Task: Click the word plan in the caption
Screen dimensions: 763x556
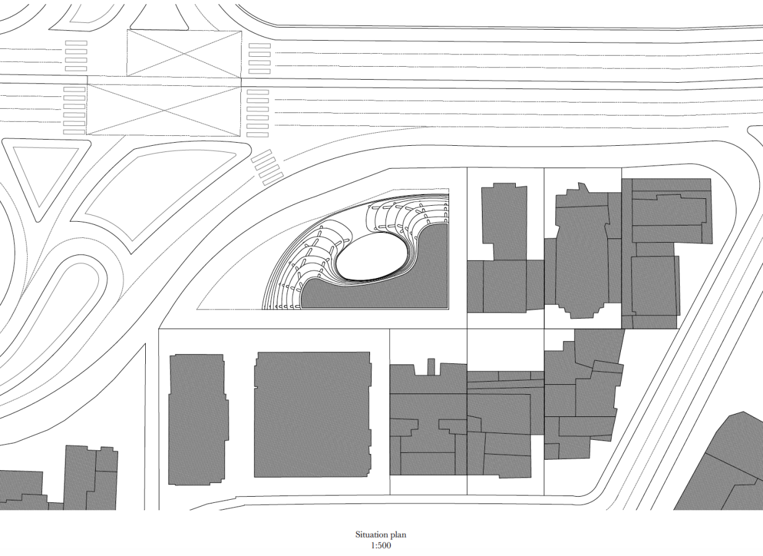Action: click(398, 535)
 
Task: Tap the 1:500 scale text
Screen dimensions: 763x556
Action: click(381, 545)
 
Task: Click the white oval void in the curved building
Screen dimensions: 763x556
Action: click(373, 256)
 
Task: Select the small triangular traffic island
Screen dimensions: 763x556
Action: click(46, 174)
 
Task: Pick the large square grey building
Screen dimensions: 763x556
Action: click(313, 415)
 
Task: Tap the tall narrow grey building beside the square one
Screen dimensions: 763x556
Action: click(198, 419)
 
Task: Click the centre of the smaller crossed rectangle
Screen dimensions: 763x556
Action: click(184, 54)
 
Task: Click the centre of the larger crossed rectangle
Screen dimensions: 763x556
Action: click(164, 111)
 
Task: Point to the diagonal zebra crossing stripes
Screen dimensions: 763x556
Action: click(268, 167)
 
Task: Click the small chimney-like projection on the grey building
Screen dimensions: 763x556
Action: click(431, 366)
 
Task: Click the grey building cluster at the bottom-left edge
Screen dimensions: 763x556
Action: click(65, 481)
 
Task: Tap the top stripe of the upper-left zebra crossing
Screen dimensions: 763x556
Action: click(76, 43)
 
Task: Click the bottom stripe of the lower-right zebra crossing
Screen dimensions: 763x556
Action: click(258, 135)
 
